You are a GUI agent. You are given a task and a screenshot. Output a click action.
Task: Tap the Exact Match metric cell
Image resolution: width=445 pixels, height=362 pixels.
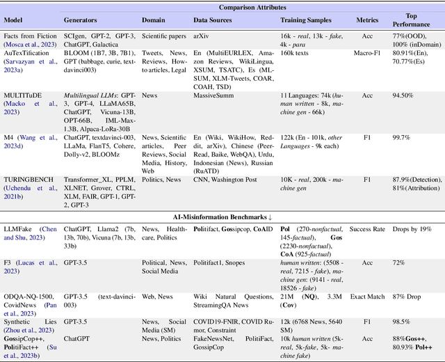pos(368,294)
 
